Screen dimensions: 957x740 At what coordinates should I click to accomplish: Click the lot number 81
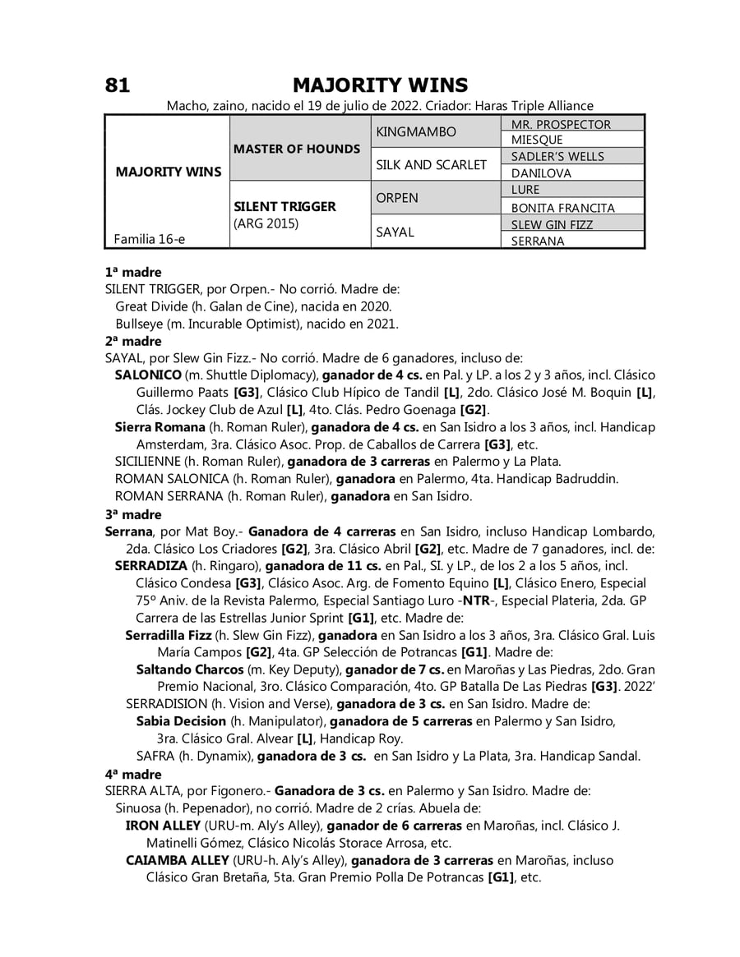tap(118, 85)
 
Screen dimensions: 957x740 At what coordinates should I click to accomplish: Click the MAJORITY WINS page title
tap(380, 85)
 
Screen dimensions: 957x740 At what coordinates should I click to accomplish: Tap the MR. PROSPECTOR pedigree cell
tap(561, 124)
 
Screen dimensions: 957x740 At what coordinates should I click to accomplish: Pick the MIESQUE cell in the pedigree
tap(537, 140)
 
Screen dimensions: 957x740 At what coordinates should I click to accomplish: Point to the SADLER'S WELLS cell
tap(557, 157)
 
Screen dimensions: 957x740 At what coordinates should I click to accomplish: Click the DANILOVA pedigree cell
tap(541, 173)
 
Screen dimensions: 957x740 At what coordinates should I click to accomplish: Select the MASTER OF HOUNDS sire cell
tap(297, 149)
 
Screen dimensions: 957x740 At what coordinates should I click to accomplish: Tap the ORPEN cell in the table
tap(396, 198)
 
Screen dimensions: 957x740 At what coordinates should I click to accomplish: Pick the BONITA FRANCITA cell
tap(562, 208)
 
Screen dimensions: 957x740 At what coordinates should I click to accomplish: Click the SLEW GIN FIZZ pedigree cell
tap(552, 224)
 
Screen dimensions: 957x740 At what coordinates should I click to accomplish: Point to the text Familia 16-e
tap(150, 239)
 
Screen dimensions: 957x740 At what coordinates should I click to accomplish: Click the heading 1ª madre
tap(133, 272)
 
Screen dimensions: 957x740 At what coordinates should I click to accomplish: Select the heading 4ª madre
tap(133, 775)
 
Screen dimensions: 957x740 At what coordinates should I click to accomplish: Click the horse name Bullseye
tap(142, 324)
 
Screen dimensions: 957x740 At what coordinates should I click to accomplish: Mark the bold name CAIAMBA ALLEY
tap(177, 860)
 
